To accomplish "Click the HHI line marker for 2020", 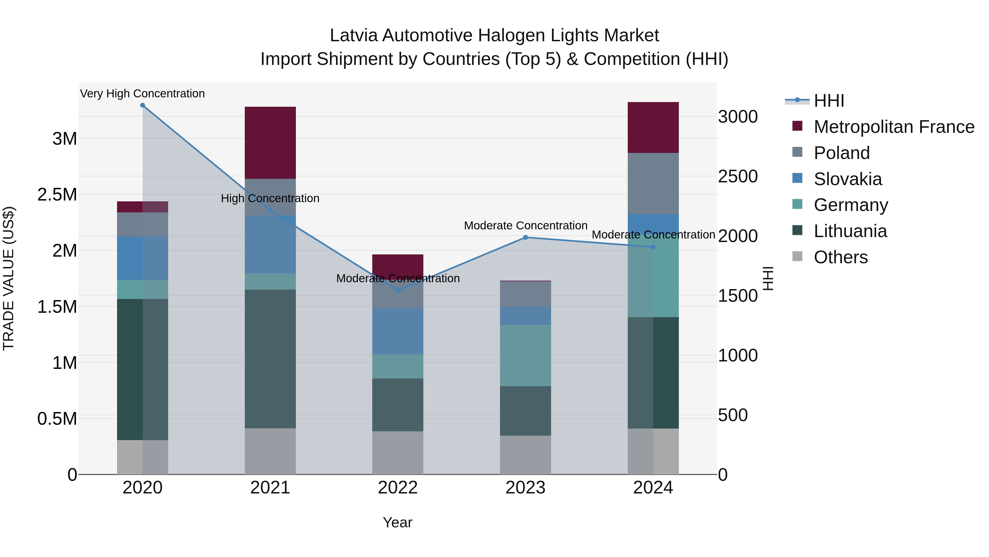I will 142,105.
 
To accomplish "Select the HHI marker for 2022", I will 398,291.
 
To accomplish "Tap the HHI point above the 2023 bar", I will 526,238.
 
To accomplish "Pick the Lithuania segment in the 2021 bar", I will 270,359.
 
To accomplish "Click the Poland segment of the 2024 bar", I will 653,183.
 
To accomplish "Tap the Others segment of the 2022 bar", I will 398,452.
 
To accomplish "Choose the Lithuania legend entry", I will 850,231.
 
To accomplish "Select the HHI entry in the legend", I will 829,101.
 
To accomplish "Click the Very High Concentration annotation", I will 142,94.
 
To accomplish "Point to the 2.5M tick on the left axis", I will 57,194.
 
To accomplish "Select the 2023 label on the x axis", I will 525,488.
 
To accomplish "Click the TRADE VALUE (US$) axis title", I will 9,278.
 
